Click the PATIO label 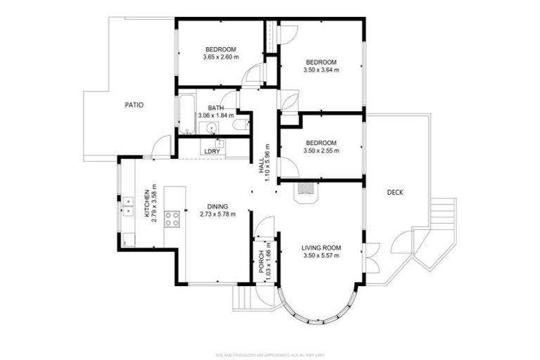[x=134, y=105]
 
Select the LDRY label [x=212, y=151]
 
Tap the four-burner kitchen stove [x=173, y=219]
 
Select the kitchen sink [x=129, y=206]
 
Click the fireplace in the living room [x=305, y=189]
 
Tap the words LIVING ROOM [x=321, y=247]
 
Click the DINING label [x=217, y=205]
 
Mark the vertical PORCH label [x=261, y=262]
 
